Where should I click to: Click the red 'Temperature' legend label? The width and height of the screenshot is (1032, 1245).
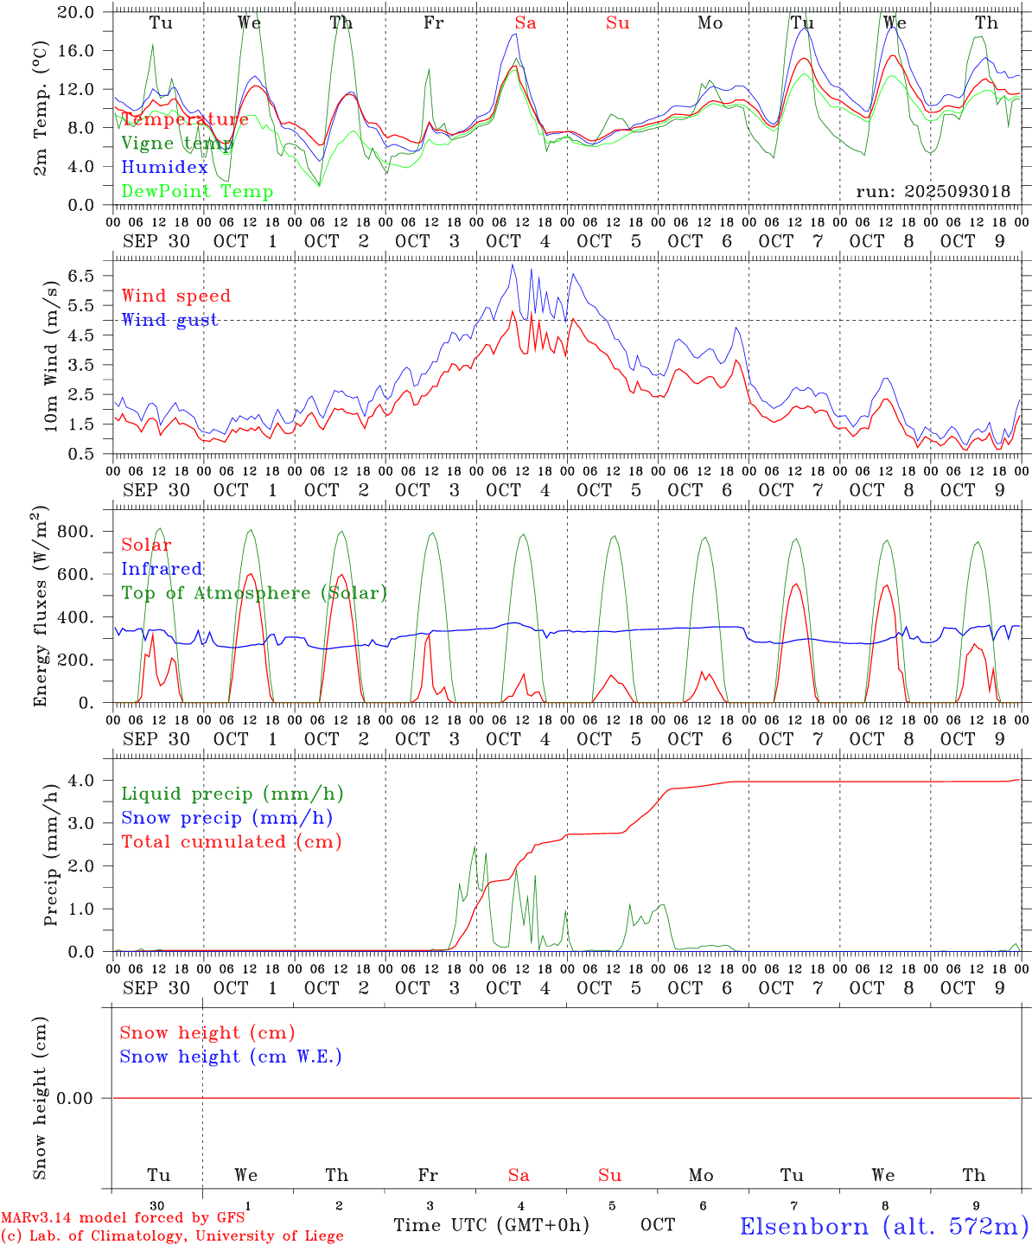tap(184, 119)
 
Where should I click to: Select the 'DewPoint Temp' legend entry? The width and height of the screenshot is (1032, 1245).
tap(197, 192)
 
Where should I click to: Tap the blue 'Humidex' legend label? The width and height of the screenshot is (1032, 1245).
tap(164, 168)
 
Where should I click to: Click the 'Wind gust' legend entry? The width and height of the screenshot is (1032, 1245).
tap(169, 320)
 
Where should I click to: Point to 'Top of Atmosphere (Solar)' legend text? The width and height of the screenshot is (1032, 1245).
tap(253, 593)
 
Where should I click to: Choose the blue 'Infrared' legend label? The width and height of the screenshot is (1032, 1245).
tap(162, 569)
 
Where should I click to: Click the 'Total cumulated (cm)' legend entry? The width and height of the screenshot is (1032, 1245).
tap(231, 842)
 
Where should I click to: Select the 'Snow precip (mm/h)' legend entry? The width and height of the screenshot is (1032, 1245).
tap(226, 818)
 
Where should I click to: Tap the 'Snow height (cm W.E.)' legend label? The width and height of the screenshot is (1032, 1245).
tap(231, 1057)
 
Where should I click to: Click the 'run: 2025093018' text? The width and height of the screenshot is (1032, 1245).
tap(933, 192)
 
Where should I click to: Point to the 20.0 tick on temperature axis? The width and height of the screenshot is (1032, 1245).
tap(76, 12)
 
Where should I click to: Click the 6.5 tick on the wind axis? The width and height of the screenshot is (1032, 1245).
tap(80, 276)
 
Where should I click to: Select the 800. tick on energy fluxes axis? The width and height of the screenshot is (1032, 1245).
tap(74, 532)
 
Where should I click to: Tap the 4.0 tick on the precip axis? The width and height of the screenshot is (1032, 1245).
tap(81, 781)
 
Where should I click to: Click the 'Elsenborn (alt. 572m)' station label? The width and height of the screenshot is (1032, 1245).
tap(883, 1226)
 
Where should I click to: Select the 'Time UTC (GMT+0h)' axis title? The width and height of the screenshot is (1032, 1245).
tap(491, 1225)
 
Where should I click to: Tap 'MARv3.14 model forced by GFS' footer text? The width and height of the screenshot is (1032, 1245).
tap(123, 1218)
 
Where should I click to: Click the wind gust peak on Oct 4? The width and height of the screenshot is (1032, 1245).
tap(512, 265)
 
